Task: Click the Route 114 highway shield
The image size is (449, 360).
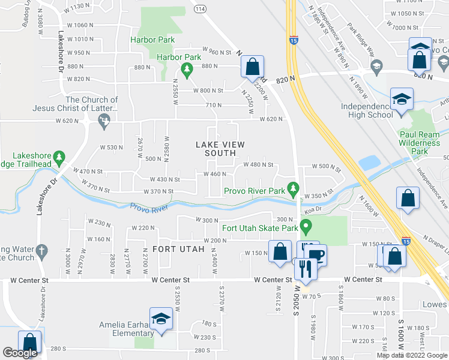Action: (x=200, y=9)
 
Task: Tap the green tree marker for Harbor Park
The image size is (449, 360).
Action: (x=187, y=71)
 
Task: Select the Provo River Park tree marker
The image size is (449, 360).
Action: (x=293, y=190)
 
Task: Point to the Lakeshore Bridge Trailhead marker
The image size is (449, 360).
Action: (x=58, y=158)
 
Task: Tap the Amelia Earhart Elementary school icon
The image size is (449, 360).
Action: (x=161, y=319)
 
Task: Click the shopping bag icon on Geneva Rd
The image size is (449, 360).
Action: (x=253, y=67)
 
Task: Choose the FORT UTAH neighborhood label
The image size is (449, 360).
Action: (x=175, y=248)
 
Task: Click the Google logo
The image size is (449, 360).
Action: (x=20, y=353)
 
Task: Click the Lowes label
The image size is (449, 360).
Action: (x=435, y=305)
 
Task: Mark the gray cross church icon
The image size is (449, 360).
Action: (x=41, y=250)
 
